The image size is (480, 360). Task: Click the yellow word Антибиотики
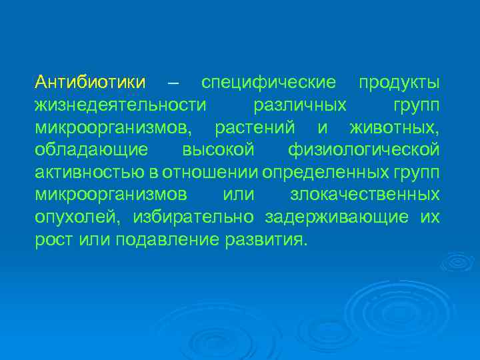tap(91, 83)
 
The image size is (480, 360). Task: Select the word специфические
tap(269, 83)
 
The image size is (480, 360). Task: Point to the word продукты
tap(399, 83)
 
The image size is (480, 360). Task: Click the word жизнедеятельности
tap(120, 105)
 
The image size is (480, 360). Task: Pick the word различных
tap(300, 105)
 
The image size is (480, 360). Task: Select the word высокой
tap(218, 150)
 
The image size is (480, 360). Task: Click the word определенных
tap(323, 173)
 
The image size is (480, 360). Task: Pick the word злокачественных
tap(365, 195)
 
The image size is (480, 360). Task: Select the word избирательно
tap(193, 217)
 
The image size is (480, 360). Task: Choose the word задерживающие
tap(338, 217)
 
